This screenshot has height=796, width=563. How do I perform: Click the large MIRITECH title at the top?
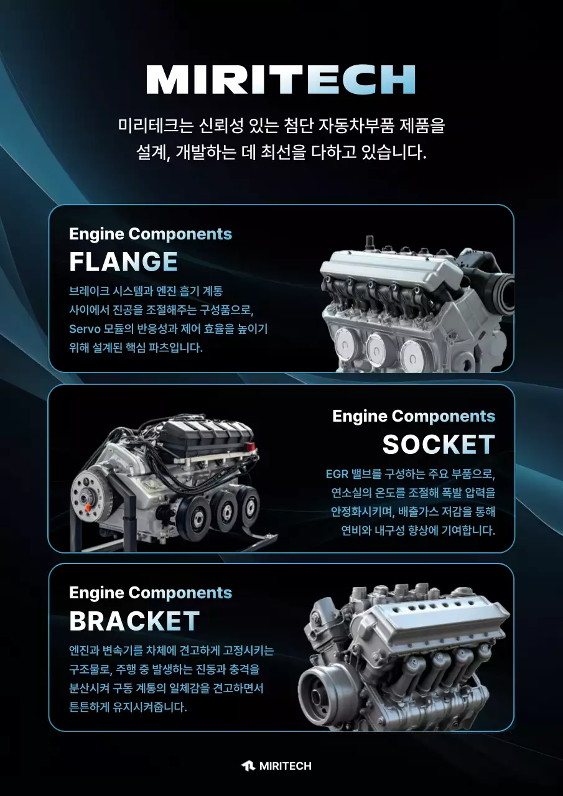pos(281,79)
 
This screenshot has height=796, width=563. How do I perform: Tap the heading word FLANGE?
pos(123,262)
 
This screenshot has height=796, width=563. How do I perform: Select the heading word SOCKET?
pos(439,444)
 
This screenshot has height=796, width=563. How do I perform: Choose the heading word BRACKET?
pos(134,621)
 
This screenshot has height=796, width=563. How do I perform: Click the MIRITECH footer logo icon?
pos(248,766)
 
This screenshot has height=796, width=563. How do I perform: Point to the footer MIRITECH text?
pos(285,766)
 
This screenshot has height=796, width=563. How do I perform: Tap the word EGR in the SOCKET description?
pos(338,474)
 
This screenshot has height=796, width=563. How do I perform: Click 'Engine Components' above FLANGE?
pos(150,234)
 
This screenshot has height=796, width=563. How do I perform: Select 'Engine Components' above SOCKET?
pos(414,416)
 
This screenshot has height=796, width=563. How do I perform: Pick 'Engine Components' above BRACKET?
pos(150,593)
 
